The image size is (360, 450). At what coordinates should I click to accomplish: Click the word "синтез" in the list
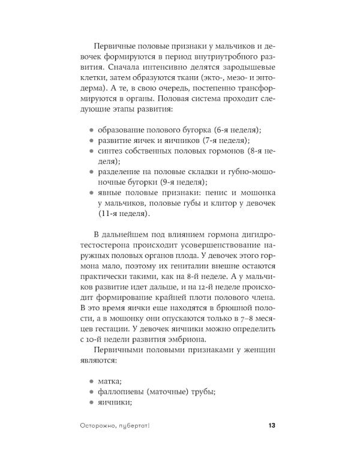point(112,151)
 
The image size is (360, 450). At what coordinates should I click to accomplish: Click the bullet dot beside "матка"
point(91,380)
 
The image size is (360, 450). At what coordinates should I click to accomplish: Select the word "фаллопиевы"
point(123,392)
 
